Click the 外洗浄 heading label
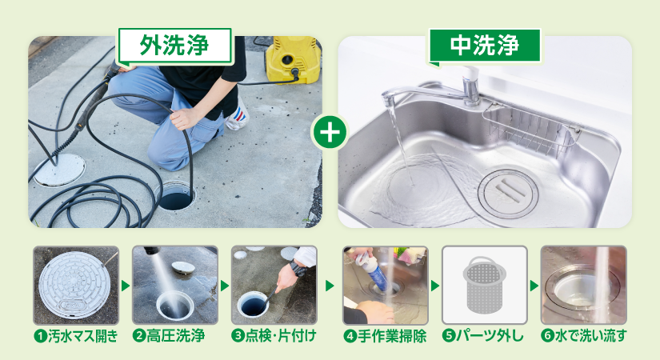click(x=174, y=46)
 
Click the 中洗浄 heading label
click(x=485, y=46)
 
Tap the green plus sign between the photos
click(x=330, y=132)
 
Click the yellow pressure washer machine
click(x=293, y=59)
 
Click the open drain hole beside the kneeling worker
click(x=176, y=197)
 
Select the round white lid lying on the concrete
click(x=59, y=170)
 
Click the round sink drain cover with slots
click(x=509, y=194)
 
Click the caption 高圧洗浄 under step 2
click(x=175, y=336)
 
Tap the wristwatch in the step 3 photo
click(x=298, y=268)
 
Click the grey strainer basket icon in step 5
click(x=485, y=285)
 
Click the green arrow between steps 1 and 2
click(x=126, y=286)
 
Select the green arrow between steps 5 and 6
click(x=534, y=286)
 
